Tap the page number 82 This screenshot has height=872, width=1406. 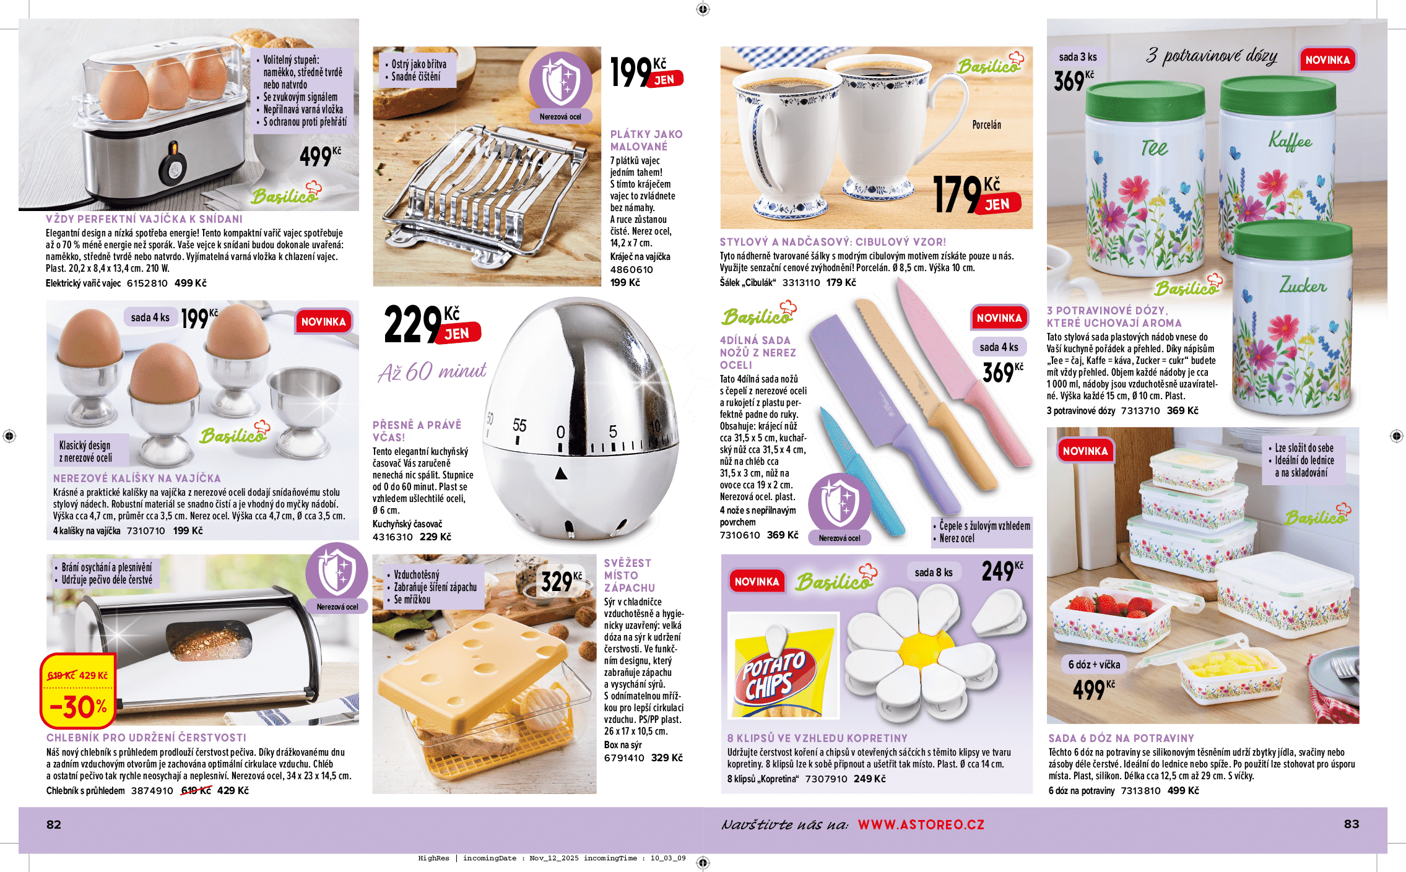pyautogui.click(x=54, y=824)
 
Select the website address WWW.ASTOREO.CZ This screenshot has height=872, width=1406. pyautogui.click(x=921, y=824)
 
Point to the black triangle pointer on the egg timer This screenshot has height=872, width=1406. pyautogui.click(x=561, y=473)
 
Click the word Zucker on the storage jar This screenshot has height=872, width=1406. pyautogui.click(x=1303, y=285)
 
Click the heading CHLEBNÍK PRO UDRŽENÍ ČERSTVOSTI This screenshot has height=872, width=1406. pyautogui.click(x=146, y=738)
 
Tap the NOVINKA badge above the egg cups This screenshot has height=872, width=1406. pyautogui.click(x=323, y=322)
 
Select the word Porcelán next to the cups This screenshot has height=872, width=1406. pyautogui.click(x=986, y=125)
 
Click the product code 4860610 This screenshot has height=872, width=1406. pyautogui.click(x=631, y=270)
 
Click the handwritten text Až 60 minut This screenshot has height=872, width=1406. pyautogui.click(x=432, y=372)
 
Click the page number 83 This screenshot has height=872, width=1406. pyautogui.click(x=1352, y=824)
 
